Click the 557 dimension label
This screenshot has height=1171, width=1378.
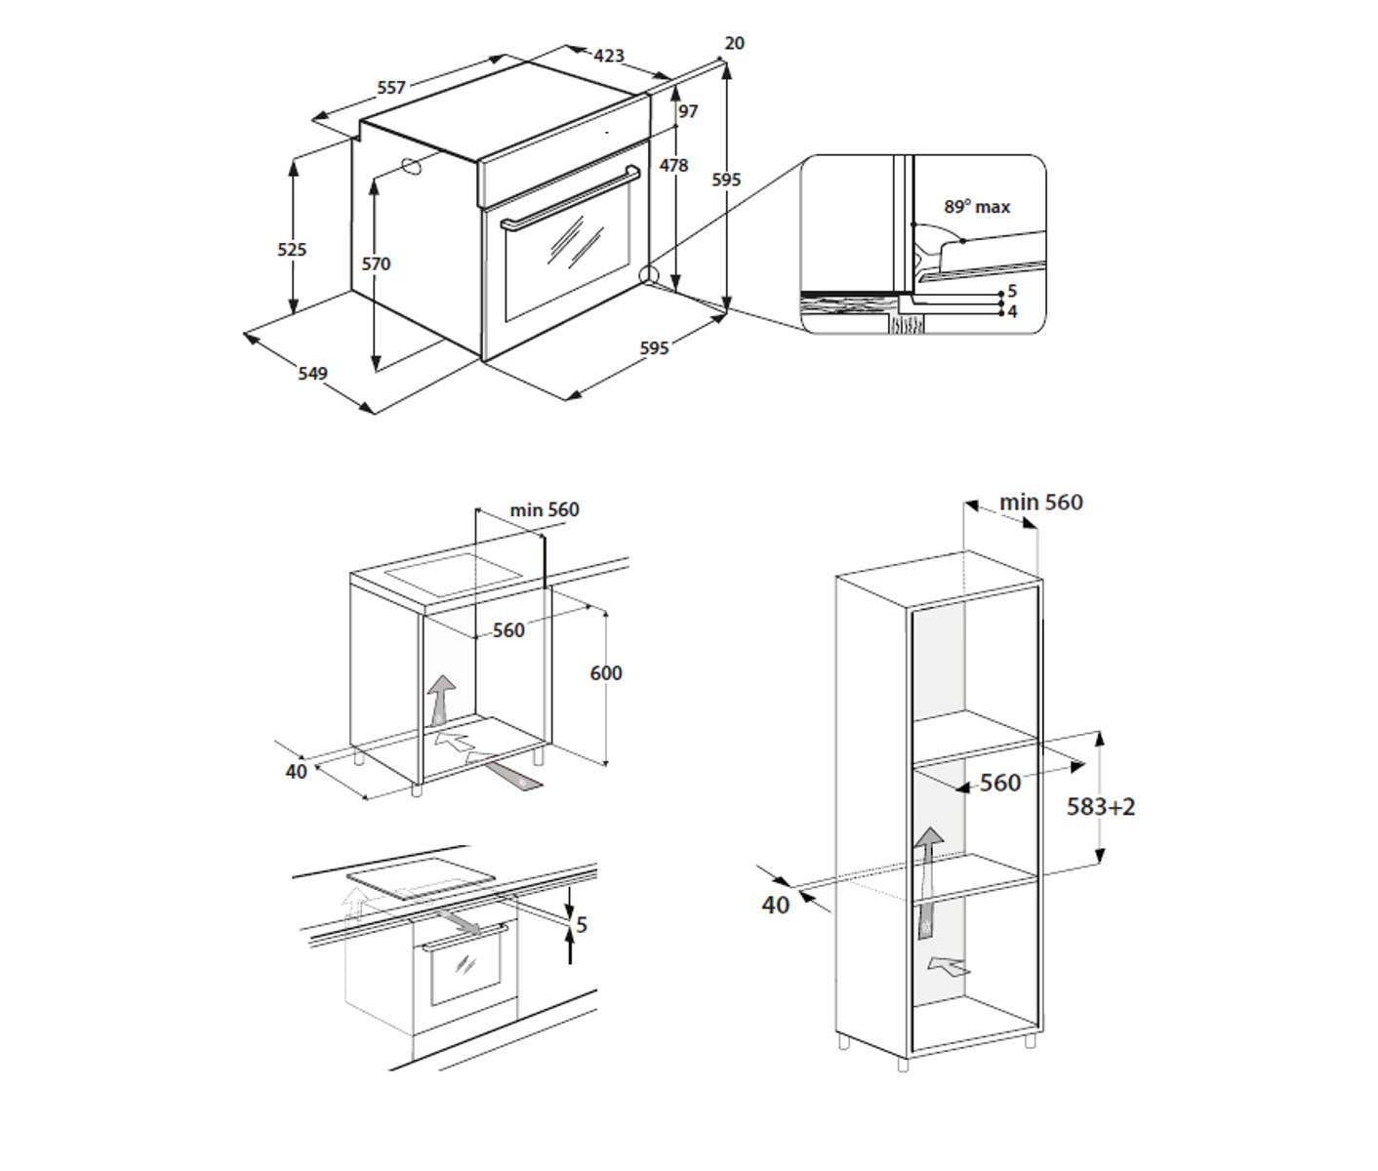pos(391,87)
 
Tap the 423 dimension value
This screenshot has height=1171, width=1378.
pos(609,56)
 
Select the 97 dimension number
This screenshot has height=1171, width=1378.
pos(688,111)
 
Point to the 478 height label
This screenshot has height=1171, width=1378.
pos(673,165)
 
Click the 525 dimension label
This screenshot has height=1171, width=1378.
pos(292,249)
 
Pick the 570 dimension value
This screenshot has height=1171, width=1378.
pos(376,263)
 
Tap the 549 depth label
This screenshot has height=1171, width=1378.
pos(312,373)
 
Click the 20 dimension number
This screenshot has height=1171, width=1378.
pos(734,43)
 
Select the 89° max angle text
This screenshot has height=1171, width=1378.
pos(977,207)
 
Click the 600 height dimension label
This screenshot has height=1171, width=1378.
pos(606,673)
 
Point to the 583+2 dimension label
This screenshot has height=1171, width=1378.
pos(1101,807)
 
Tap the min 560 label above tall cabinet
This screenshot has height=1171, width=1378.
pos(1041,502)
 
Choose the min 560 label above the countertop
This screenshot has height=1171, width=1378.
pos(545,509)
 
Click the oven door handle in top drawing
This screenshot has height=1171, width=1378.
pos(571,198)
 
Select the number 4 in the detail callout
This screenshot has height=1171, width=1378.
pos(1013,312)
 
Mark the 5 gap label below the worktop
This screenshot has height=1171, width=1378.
pos(582,925)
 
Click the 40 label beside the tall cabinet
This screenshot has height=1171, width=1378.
pos(775,905)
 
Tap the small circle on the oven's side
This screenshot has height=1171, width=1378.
pos(412,166)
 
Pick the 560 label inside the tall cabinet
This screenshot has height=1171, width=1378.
pos(1000,783)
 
